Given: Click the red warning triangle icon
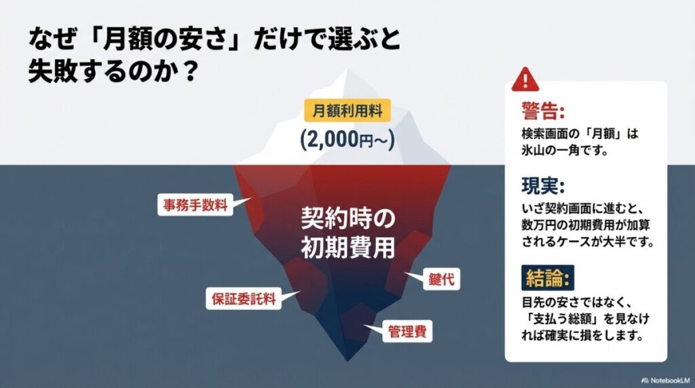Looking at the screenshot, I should click(525, 79).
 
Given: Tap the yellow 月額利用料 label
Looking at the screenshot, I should click(347, 110).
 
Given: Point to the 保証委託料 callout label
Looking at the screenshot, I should click(243, 298).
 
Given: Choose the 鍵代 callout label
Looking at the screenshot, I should click(436, 278).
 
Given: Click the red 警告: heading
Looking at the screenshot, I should click(543, 111).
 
